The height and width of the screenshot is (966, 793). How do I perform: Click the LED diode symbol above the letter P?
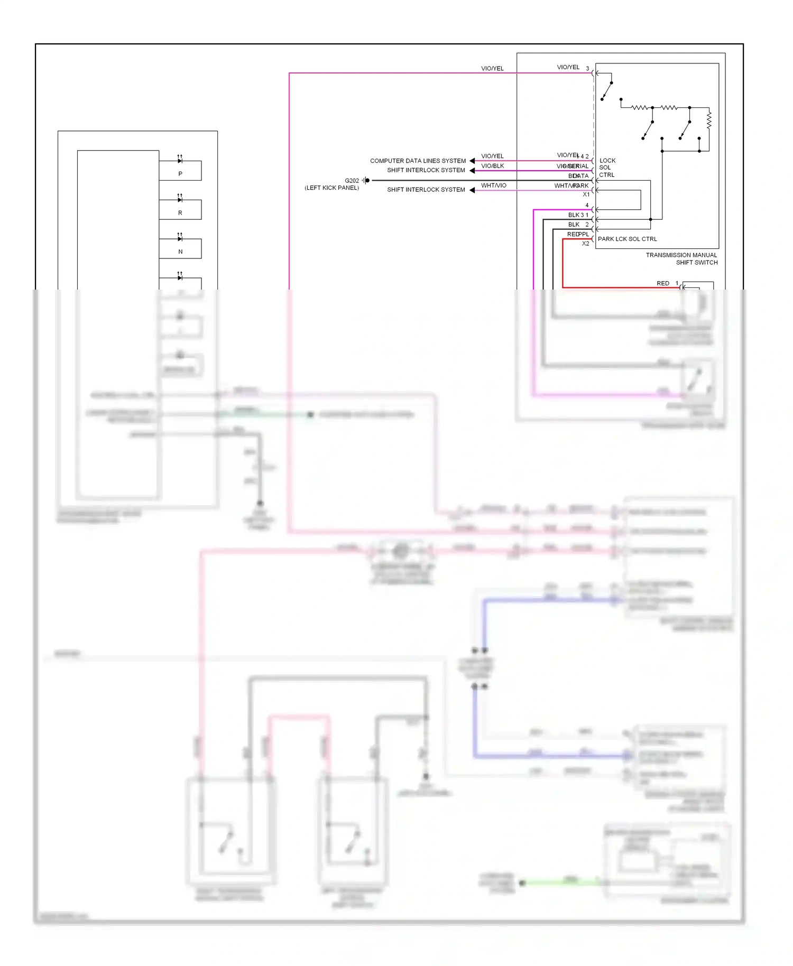click(x=180, y=160)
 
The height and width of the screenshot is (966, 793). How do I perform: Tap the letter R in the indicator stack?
click(x=180, y=213)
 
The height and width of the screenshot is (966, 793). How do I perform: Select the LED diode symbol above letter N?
click(x=180, y=238)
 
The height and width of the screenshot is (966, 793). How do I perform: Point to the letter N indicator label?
click(x=180, y=252)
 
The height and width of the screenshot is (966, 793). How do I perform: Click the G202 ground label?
click(x=352, y=181)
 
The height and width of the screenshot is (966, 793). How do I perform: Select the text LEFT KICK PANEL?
click(x=331, y=188)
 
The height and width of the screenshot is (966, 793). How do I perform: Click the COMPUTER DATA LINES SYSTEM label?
click(x=418, y=161)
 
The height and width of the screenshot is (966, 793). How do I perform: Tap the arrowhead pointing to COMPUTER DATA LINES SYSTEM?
click(x=472, y=161)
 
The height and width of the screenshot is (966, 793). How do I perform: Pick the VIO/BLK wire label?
click(x=492, y=166)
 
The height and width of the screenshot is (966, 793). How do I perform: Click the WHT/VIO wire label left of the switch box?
click(x=493, y=185)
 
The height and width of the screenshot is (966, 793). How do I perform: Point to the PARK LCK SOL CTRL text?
click(x=627, y=239)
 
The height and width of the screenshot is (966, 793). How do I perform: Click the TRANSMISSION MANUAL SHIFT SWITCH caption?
click(x=681, y=259)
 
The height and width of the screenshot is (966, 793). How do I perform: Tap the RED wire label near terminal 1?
click(x=662, y=284)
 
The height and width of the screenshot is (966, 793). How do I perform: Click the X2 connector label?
click(x=585, y=244)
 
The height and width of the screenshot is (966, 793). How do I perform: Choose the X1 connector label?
click(x=586, y=194)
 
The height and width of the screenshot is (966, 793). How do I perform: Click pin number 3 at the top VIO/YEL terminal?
click(x=587, y=69)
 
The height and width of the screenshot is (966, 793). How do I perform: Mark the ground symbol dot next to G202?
click(x=367, y=181)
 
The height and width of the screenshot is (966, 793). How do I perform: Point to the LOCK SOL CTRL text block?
click(x=607, y=168)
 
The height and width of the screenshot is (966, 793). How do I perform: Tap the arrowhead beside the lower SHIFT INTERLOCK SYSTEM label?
click(x=472, y=190)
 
